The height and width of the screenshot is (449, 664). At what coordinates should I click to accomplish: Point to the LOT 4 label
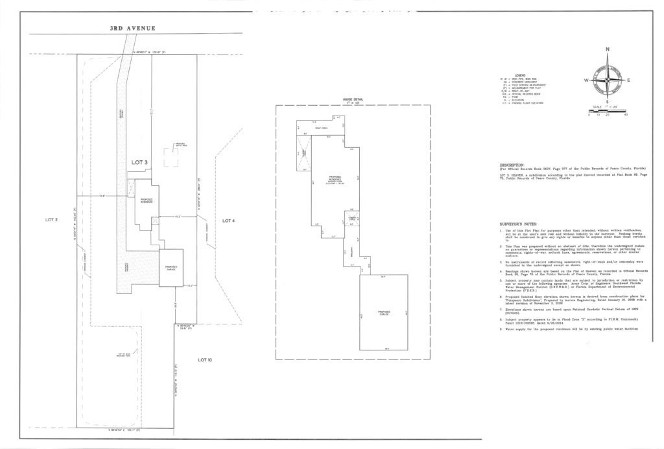coord(228,221)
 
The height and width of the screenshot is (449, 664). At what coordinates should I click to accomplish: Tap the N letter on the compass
coord(608,50)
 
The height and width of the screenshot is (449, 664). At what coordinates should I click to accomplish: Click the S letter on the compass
coord(608,102)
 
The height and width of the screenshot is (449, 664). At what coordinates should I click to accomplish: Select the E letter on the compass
coord(628,80)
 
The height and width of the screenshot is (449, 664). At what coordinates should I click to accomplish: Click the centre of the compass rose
coord(608,80)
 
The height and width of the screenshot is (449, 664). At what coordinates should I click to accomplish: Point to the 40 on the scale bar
coord(625,114)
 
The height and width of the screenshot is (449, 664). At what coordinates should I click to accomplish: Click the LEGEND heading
coord(520,75)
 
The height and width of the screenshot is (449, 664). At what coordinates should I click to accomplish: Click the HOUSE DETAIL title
coord(353,99)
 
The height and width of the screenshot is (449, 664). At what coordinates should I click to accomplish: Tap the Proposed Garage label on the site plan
coord(171,267)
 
